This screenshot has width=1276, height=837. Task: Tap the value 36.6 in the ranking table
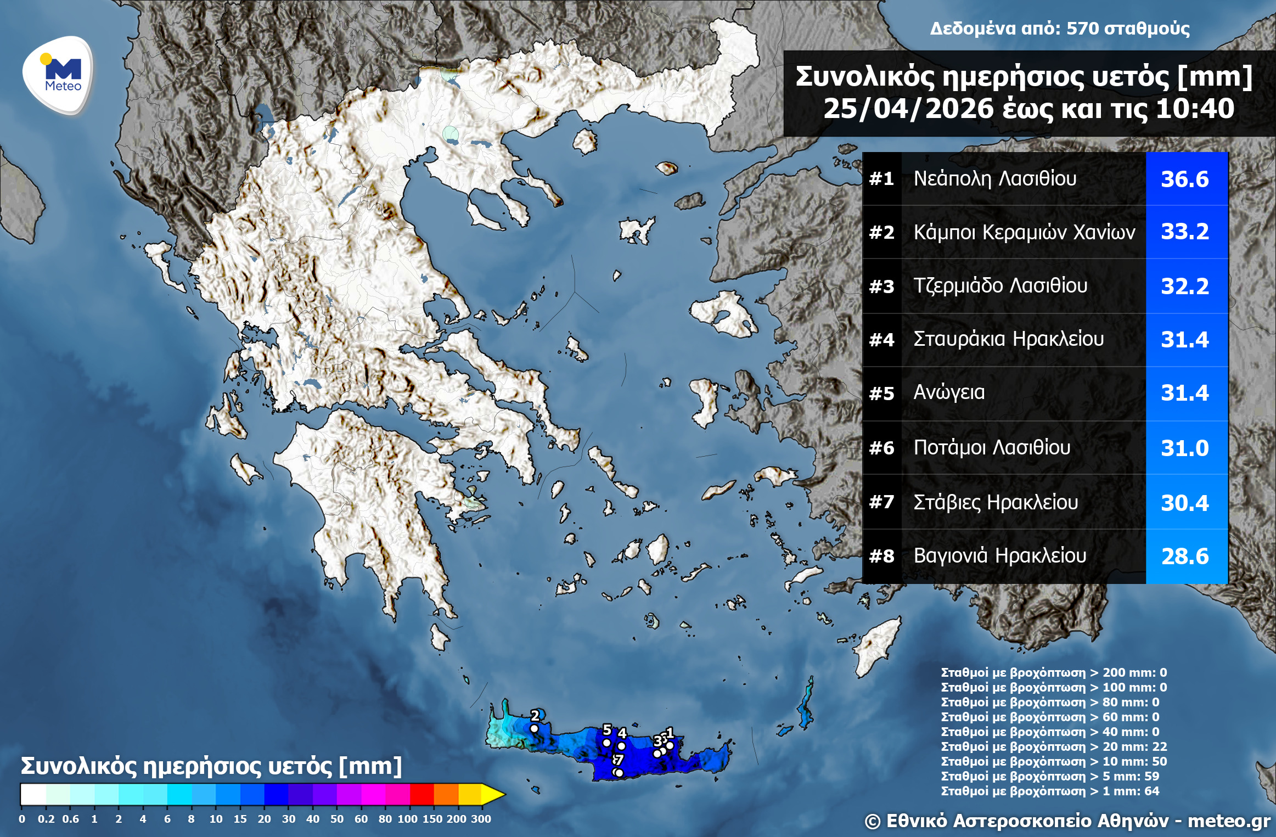(1185, 179)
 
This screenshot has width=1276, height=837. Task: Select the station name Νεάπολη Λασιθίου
(994, 178)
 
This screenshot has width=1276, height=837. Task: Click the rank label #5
(881, 394)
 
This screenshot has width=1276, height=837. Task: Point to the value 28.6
(1185, 557)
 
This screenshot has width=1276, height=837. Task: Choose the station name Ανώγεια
(949, 392)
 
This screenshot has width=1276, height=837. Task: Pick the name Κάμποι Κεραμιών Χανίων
(1024, 232)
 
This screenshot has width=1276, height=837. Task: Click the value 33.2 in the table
(1185, 232)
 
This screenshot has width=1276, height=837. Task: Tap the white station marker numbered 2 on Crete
(534, 729)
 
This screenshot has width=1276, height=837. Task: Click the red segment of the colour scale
(421, 794)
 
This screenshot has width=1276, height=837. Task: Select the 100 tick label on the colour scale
(407, 819)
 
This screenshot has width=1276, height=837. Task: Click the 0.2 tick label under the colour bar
(46, 819)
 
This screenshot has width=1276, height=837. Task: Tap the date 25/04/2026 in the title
(908, 109)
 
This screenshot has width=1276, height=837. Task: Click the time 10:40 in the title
(1195, 109)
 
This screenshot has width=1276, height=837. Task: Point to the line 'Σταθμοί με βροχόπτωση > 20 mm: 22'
(1054, 746)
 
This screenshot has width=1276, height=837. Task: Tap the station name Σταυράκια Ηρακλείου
(1008, 339)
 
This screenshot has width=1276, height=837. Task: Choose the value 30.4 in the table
(1185, 503)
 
